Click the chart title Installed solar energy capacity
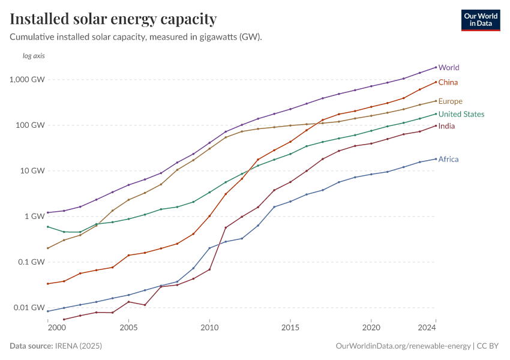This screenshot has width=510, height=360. (113, 19)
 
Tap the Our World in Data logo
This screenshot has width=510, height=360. (480, 20)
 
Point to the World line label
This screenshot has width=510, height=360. (449, 68)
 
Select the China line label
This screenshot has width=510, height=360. (449, 82)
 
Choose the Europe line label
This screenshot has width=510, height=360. (450, 101)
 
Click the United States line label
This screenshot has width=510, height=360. (461, 115)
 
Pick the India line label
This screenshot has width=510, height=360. (447, 126)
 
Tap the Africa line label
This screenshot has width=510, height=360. (448, 160)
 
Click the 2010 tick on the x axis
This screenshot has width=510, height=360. (209, 328)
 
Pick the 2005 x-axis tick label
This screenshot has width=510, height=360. (128, 328)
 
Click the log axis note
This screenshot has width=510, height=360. (34, 56)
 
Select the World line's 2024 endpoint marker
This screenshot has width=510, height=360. (436, 67)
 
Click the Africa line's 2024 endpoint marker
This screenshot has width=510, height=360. (436, 159)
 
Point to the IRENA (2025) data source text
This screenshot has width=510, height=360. (78, 346)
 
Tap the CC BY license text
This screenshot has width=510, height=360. (490, 346)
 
